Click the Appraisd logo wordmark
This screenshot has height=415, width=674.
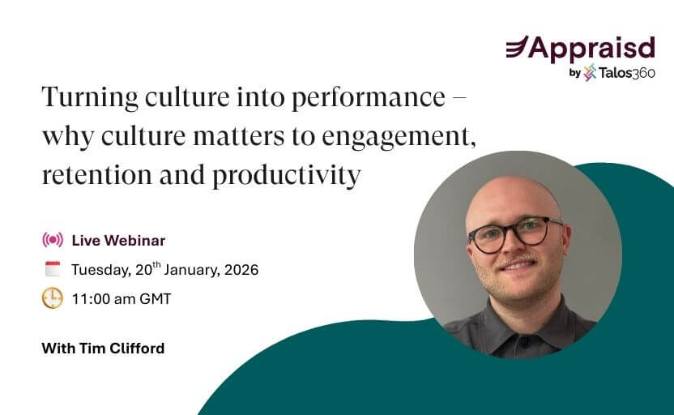592,48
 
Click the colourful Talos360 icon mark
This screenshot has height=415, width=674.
590,73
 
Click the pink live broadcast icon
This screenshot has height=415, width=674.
53,240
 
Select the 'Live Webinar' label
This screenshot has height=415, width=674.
118,240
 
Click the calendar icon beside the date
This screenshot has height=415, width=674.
53,269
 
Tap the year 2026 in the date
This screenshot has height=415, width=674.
241,270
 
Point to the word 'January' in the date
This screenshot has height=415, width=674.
177,270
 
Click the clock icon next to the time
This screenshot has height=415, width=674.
53,298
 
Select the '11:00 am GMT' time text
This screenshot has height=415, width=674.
122,299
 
